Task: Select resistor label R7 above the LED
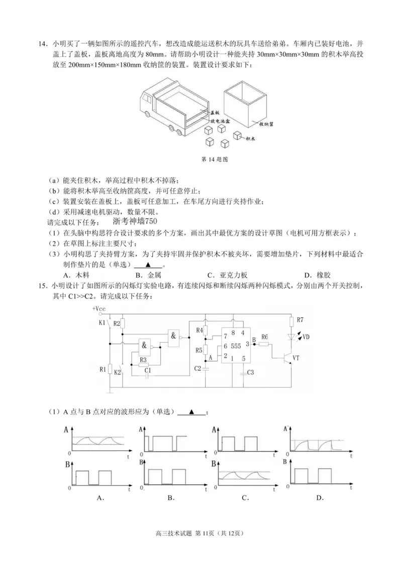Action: click(x=300, y=320)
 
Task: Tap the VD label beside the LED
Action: click(x=306, y=338)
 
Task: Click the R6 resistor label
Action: click(x=265, y=337)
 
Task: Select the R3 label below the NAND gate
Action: click(x=143, y=359)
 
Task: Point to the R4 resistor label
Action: click(x=199, y=330)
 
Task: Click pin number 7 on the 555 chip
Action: click(x=226, y=335)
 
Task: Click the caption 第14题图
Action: click(x=215, y=159)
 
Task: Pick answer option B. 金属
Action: click(x=147, y=275)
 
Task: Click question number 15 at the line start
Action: click(x=42, y=286)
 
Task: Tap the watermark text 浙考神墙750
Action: click(x=136, y=222)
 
